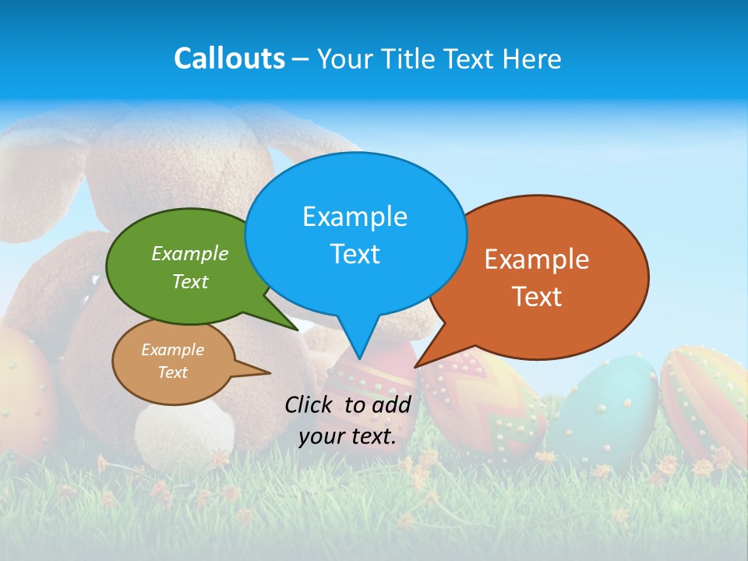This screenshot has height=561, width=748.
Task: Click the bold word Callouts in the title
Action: [229, 58]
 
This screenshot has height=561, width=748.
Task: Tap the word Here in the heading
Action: [532, 58]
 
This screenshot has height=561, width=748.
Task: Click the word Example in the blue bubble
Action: [355, 217]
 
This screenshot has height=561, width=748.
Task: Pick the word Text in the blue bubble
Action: [355, 254]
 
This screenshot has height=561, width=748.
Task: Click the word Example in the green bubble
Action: [190, 253]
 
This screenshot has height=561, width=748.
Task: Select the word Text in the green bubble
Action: [190, 281]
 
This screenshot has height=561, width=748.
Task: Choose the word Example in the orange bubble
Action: [537, 259]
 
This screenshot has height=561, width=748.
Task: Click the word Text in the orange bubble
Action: [537, 297]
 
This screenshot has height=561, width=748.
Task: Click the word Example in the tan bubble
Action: [172, 350]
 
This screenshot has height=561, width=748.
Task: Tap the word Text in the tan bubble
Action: [172, 372]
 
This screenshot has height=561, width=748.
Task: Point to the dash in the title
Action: [301, 59]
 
